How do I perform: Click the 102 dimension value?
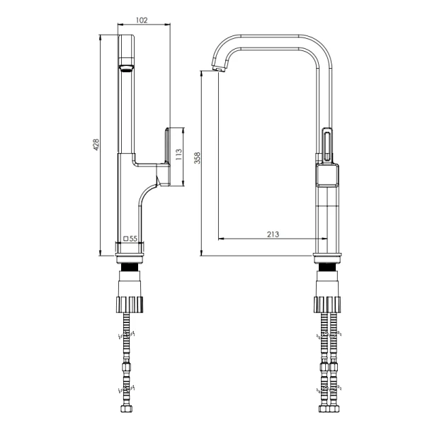click(x=142, y=20)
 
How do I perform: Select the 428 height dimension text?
click(x=96, y=144)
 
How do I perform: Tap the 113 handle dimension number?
click(x=178, y=154)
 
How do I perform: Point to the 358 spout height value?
click(x=198, y=158)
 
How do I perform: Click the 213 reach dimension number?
click(x=273, y=234)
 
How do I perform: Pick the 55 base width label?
click(x=133, y=239)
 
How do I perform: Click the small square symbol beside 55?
click(x=126, y=239)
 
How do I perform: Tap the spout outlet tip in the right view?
click(x=218, y=69)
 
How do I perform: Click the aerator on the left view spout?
click(x=126, y=68)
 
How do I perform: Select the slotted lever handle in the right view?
click(x=327, y=145)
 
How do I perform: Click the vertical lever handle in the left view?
click(x=167, y=157)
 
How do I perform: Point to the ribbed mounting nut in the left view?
click(x=130, y=305)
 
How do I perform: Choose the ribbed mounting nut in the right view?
click(x=327, y=305)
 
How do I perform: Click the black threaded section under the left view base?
click(x=130, y=267)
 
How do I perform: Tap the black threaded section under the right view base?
click(x=327, y=267)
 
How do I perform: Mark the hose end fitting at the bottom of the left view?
click(x=126, y=409)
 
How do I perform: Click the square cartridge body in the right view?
click(x=327, y=176)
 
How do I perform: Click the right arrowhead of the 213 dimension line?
click(x=324, y=239)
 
